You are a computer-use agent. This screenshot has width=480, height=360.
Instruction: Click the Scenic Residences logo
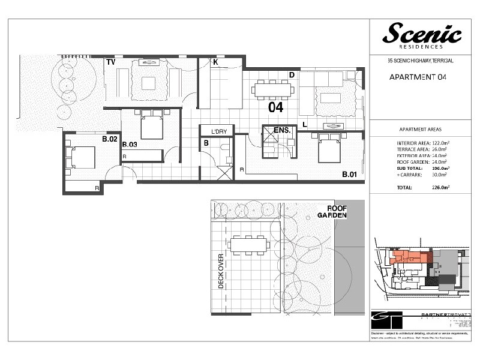[x=422, y=35]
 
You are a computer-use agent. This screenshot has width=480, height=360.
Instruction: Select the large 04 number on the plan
[x=275, y=107]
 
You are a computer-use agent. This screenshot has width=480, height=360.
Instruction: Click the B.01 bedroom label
[x=350, y=175]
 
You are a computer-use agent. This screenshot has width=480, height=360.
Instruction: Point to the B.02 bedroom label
[x=109, y=139]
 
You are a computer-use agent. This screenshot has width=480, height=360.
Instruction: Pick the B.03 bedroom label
[x=130, y=145]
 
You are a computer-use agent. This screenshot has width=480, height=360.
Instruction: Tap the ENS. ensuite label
[x=282, y=130]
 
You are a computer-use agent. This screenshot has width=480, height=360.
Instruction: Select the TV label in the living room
[x=110, y=62]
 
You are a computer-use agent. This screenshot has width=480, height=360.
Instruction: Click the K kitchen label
[x=215, y=62]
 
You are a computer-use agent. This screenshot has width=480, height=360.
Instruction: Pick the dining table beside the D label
[x=272, y=90]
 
